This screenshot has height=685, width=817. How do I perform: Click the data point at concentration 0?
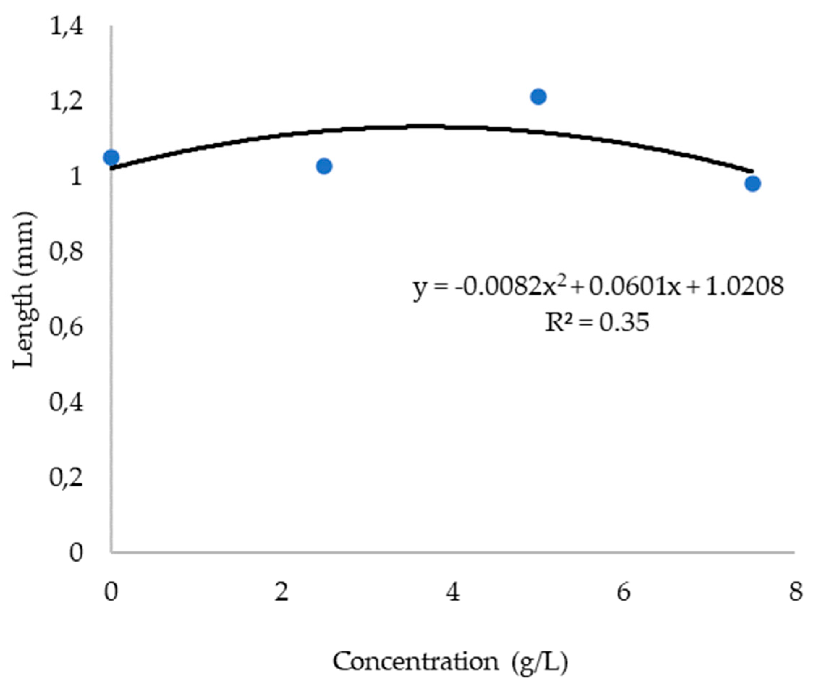[111, 157]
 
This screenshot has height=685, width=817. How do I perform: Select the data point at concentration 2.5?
[324, 166]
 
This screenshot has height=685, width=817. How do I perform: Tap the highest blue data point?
[538, 97]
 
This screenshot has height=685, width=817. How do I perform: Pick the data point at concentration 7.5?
[753, 183]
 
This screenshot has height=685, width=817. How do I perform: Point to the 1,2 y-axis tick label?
[67, 102]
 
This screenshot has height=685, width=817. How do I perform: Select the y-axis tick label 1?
[76, 178]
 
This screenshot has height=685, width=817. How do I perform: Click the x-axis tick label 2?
[281, 592]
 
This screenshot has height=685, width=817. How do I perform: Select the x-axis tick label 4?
[453, 592]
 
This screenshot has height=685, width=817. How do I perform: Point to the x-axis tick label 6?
[623, 592]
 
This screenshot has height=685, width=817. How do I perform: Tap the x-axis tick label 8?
[795, 592]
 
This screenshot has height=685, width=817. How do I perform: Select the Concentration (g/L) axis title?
[450, 661]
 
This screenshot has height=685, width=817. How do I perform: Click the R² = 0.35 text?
[597, 322]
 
